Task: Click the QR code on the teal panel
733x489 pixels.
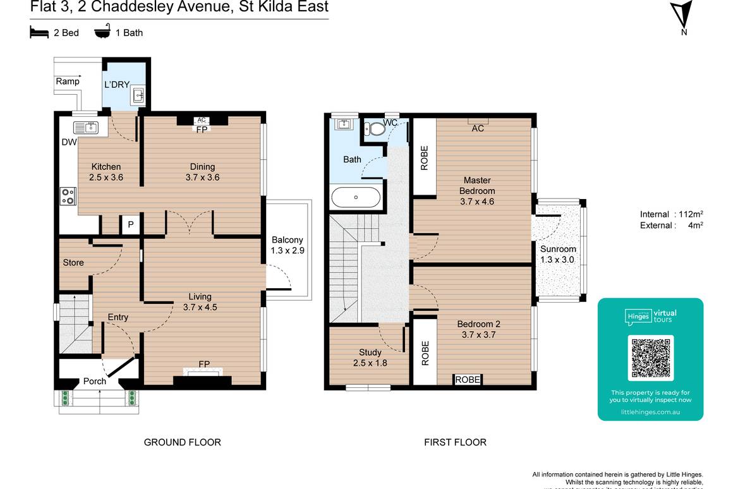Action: [650, 357]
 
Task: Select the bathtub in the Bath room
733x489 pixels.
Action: [356, 197]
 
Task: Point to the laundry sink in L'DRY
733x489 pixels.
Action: [138, 97]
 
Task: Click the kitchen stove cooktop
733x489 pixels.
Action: [68, 196]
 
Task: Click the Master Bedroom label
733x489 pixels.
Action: [477, 191]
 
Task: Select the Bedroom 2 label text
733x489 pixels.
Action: [478, 329]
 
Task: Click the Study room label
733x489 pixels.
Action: [370, 358]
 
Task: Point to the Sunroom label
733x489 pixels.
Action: [558, 254]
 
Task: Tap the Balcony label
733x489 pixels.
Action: [288, 245]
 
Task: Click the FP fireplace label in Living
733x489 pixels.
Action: [204, 364]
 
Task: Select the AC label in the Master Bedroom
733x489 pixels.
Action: [478, 128]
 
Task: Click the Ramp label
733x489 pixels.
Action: [68, 81]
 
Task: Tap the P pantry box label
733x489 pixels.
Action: [131, 224]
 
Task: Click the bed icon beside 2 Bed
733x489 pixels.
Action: [39, 32]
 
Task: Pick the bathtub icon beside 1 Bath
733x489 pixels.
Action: [102, 32]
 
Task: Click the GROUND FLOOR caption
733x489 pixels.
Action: [183, 442]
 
